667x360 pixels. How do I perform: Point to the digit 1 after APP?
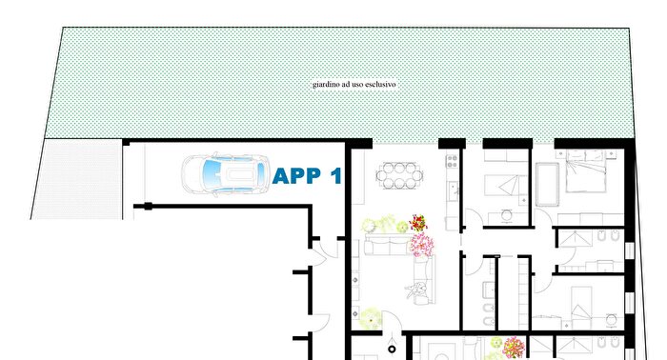tap(335, 176)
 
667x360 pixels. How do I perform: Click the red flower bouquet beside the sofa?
tap(417, 224)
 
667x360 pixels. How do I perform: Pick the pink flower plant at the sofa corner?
tap(421, 245)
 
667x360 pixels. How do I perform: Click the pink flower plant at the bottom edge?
tap(513, 347)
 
